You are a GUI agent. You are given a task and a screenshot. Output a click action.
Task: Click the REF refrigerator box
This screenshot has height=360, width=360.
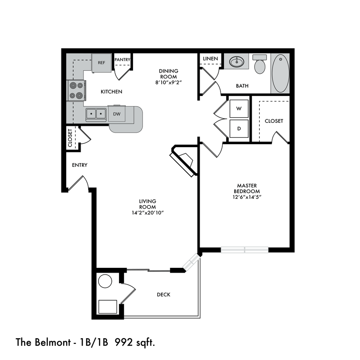102,62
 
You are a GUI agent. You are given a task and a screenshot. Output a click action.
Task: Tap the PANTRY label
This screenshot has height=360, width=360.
122,59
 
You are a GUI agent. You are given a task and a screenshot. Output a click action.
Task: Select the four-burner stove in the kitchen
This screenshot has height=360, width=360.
76,90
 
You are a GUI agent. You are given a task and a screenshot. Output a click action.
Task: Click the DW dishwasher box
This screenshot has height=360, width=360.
116,114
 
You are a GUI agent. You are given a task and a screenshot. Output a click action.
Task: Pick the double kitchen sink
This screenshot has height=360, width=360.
96,114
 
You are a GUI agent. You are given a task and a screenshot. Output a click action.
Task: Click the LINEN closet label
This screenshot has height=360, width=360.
210,58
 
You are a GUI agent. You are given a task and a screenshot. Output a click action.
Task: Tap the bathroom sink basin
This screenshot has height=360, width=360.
236,62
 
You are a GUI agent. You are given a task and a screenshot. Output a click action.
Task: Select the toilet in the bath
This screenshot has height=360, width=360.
259,65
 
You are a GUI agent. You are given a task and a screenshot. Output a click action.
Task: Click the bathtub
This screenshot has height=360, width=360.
280,73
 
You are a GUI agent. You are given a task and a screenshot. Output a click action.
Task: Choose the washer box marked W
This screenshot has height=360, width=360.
239,109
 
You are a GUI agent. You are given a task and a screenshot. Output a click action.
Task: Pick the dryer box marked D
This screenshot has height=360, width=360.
239,128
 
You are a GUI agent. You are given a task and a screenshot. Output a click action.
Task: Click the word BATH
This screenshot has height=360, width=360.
242,86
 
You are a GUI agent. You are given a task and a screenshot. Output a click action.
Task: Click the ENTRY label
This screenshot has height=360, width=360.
80,165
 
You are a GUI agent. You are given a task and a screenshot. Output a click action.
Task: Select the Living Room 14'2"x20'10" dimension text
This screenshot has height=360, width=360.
148,212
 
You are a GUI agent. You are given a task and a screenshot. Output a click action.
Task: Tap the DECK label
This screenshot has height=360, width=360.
164,294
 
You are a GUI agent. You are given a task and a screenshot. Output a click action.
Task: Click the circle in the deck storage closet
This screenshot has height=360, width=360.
105,281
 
